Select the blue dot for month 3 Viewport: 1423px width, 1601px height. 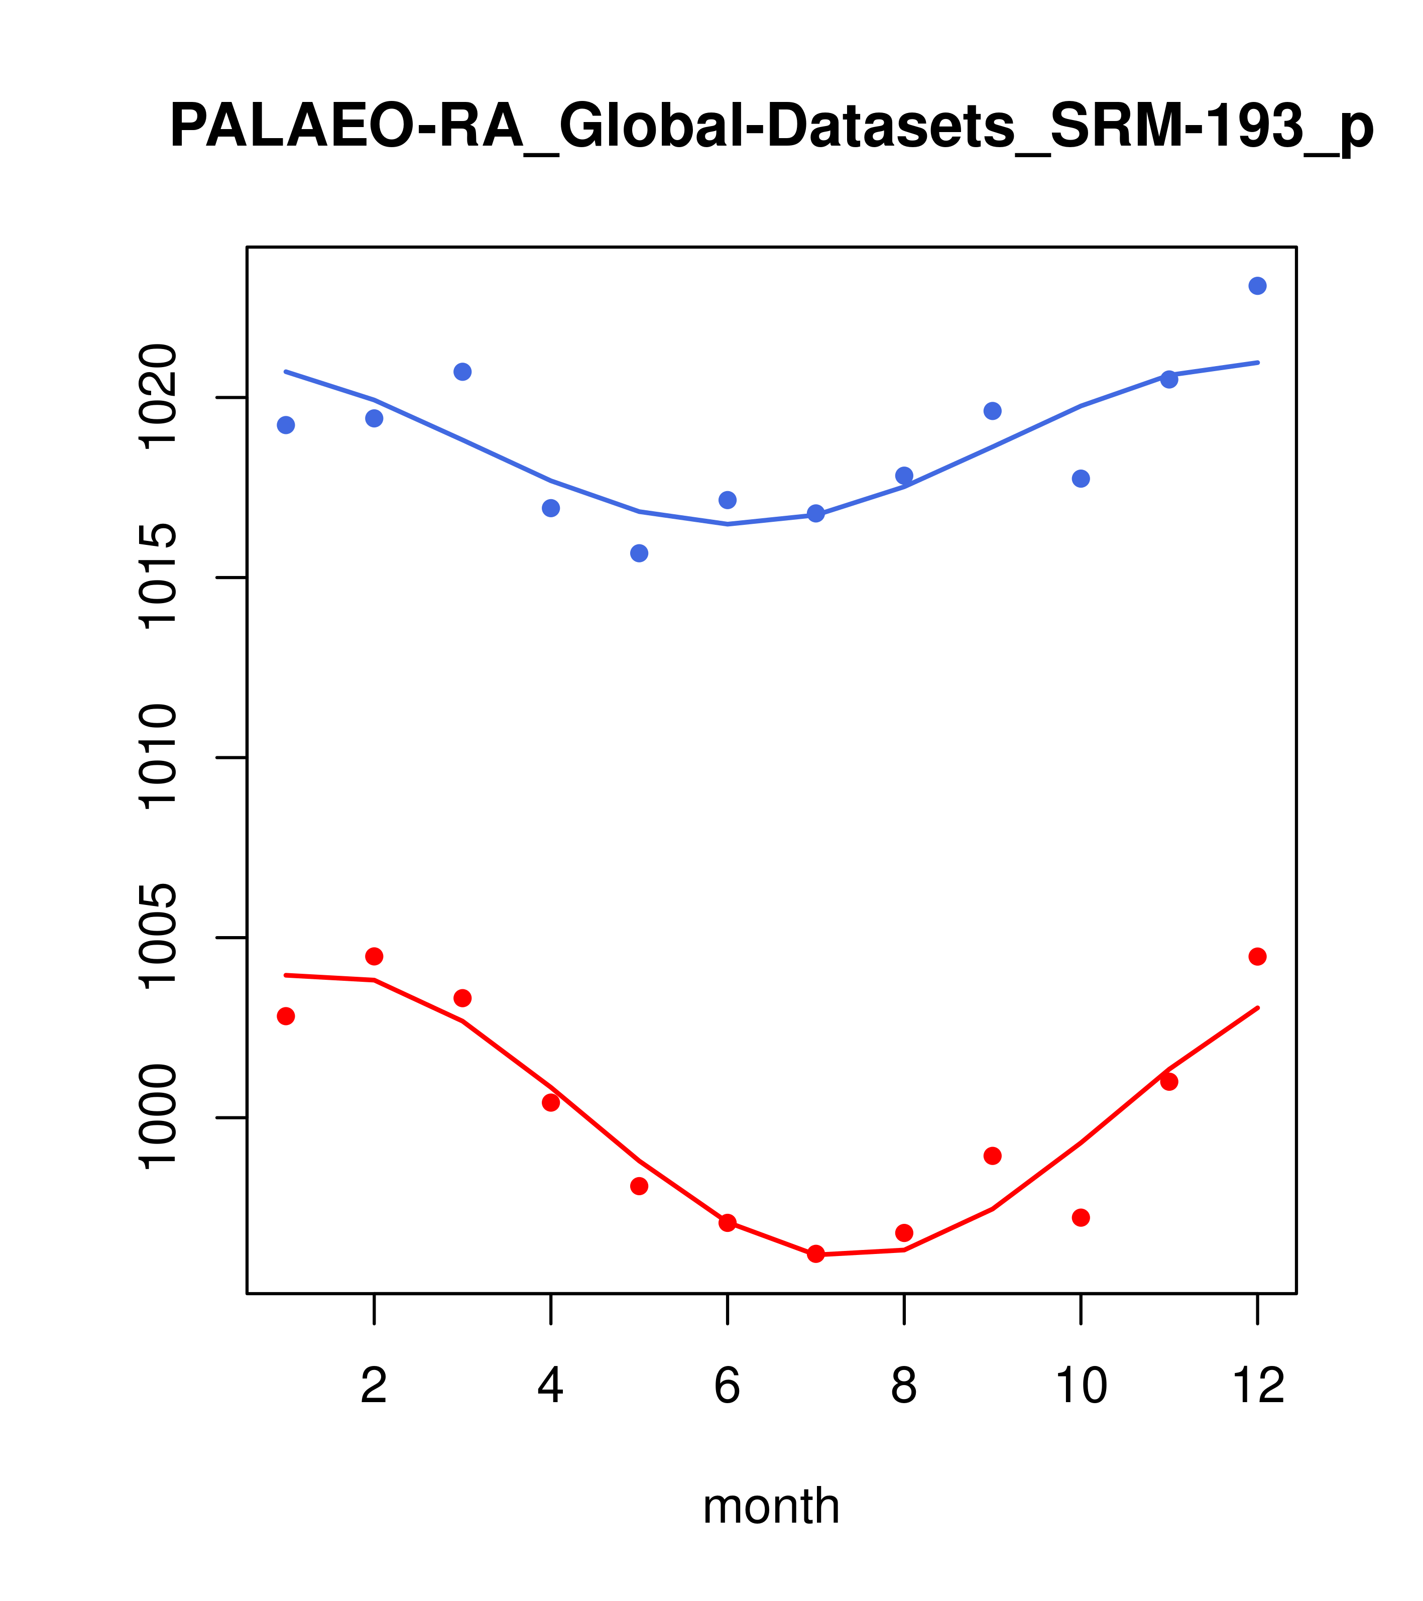[462, 371]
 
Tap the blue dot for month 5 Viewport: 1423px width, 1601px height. [639, 553]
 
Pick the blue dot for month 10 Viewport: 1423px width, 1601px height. [1081, 479]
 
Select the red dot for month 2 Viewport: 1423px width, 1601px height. [375, 956]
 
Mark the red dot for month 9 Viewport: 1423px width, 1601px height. [992, 1156]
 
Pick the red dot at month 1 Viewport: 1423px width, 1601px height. [286, 1016]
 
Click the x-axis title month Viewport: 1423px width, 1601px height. [771, 1506]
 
